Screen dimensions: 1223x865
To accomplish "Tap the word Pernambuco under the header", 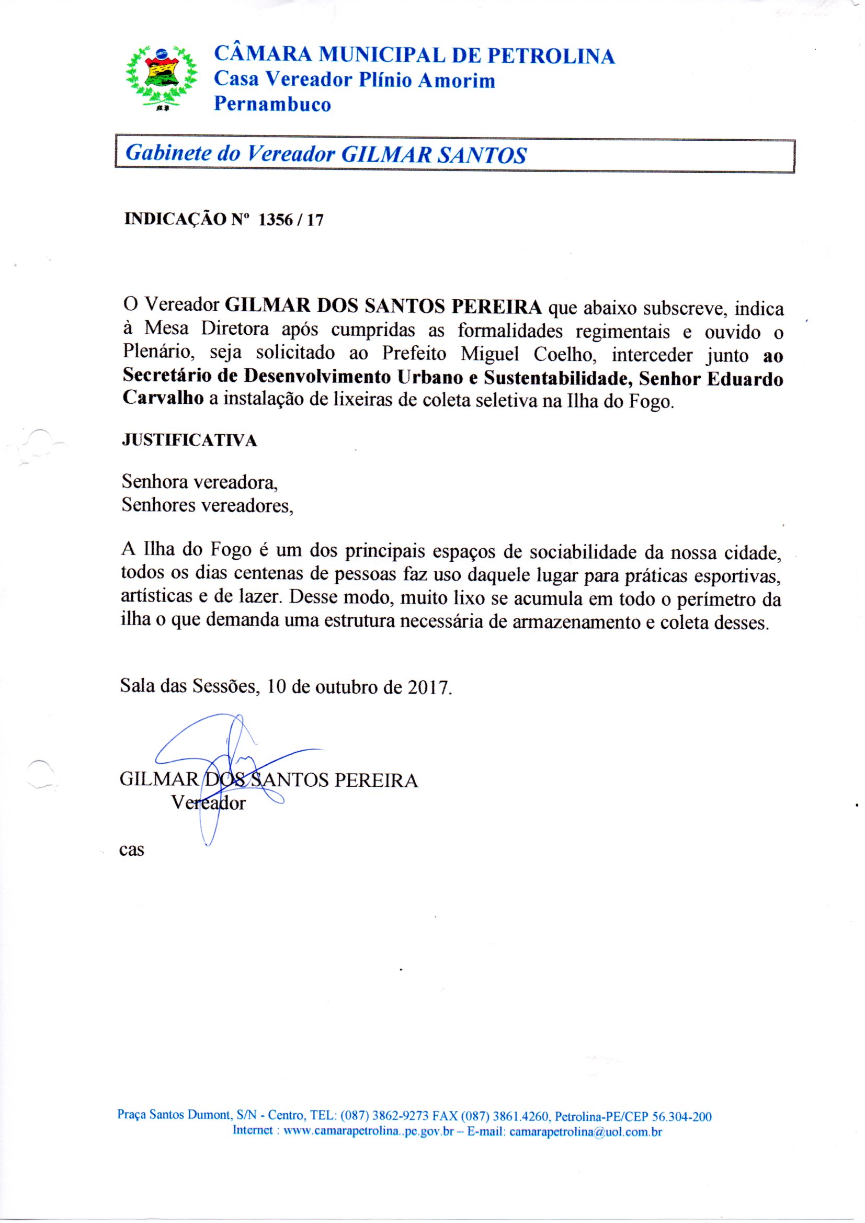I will [272, 104].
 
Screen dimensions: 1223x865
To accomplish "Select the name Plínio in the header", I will [384, 81].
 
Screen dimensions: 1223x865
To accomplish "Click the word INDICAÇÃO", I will [175, 220].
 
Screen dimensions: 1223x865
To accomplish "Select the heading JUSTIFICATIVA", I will [190, 440].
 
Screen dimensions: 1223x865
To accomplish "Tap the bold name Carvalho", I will [163, 399].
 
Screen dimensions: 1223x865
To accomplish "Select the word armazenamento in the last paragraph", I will [576, 622].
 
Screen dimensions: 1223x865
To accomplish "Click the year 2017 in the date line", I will [429, 687].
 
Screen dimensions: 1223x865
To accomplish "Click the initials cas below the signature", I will [132, 849].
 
